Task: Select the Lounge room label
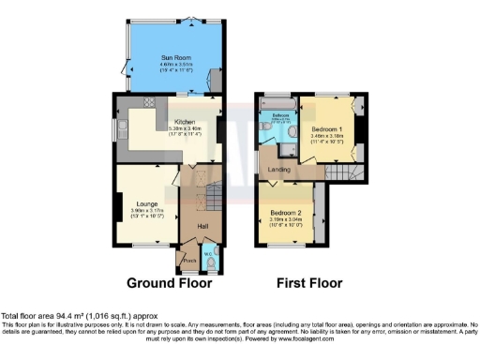coord(145,202)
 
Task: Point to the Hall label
coord(201,226)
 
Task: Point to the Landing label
coord(279,169)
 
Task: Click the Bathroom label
coord(279,115)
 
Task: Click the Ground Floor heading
coord(170,282)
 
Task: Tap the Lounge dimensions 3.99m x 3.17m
coord(145,211)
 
